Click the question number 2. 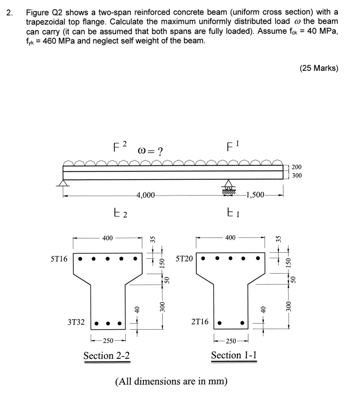click(x=8, y=12)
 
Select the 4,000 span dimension click(x=147, y=195)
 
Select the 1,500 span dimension click(x=257, y=195)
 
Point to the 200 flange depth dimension click(x=296, y=167)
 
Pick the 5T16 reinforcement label click(x=57, y=258)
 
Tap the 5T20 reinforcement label click(x=184, y=258)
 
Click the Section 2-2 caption click(x=107, y=356)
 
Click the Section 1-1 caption click(x=234, y=356)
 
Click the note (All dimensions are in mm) click(x=171, y=381)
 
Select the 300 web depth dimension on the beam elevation click(x=296, y=176)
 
